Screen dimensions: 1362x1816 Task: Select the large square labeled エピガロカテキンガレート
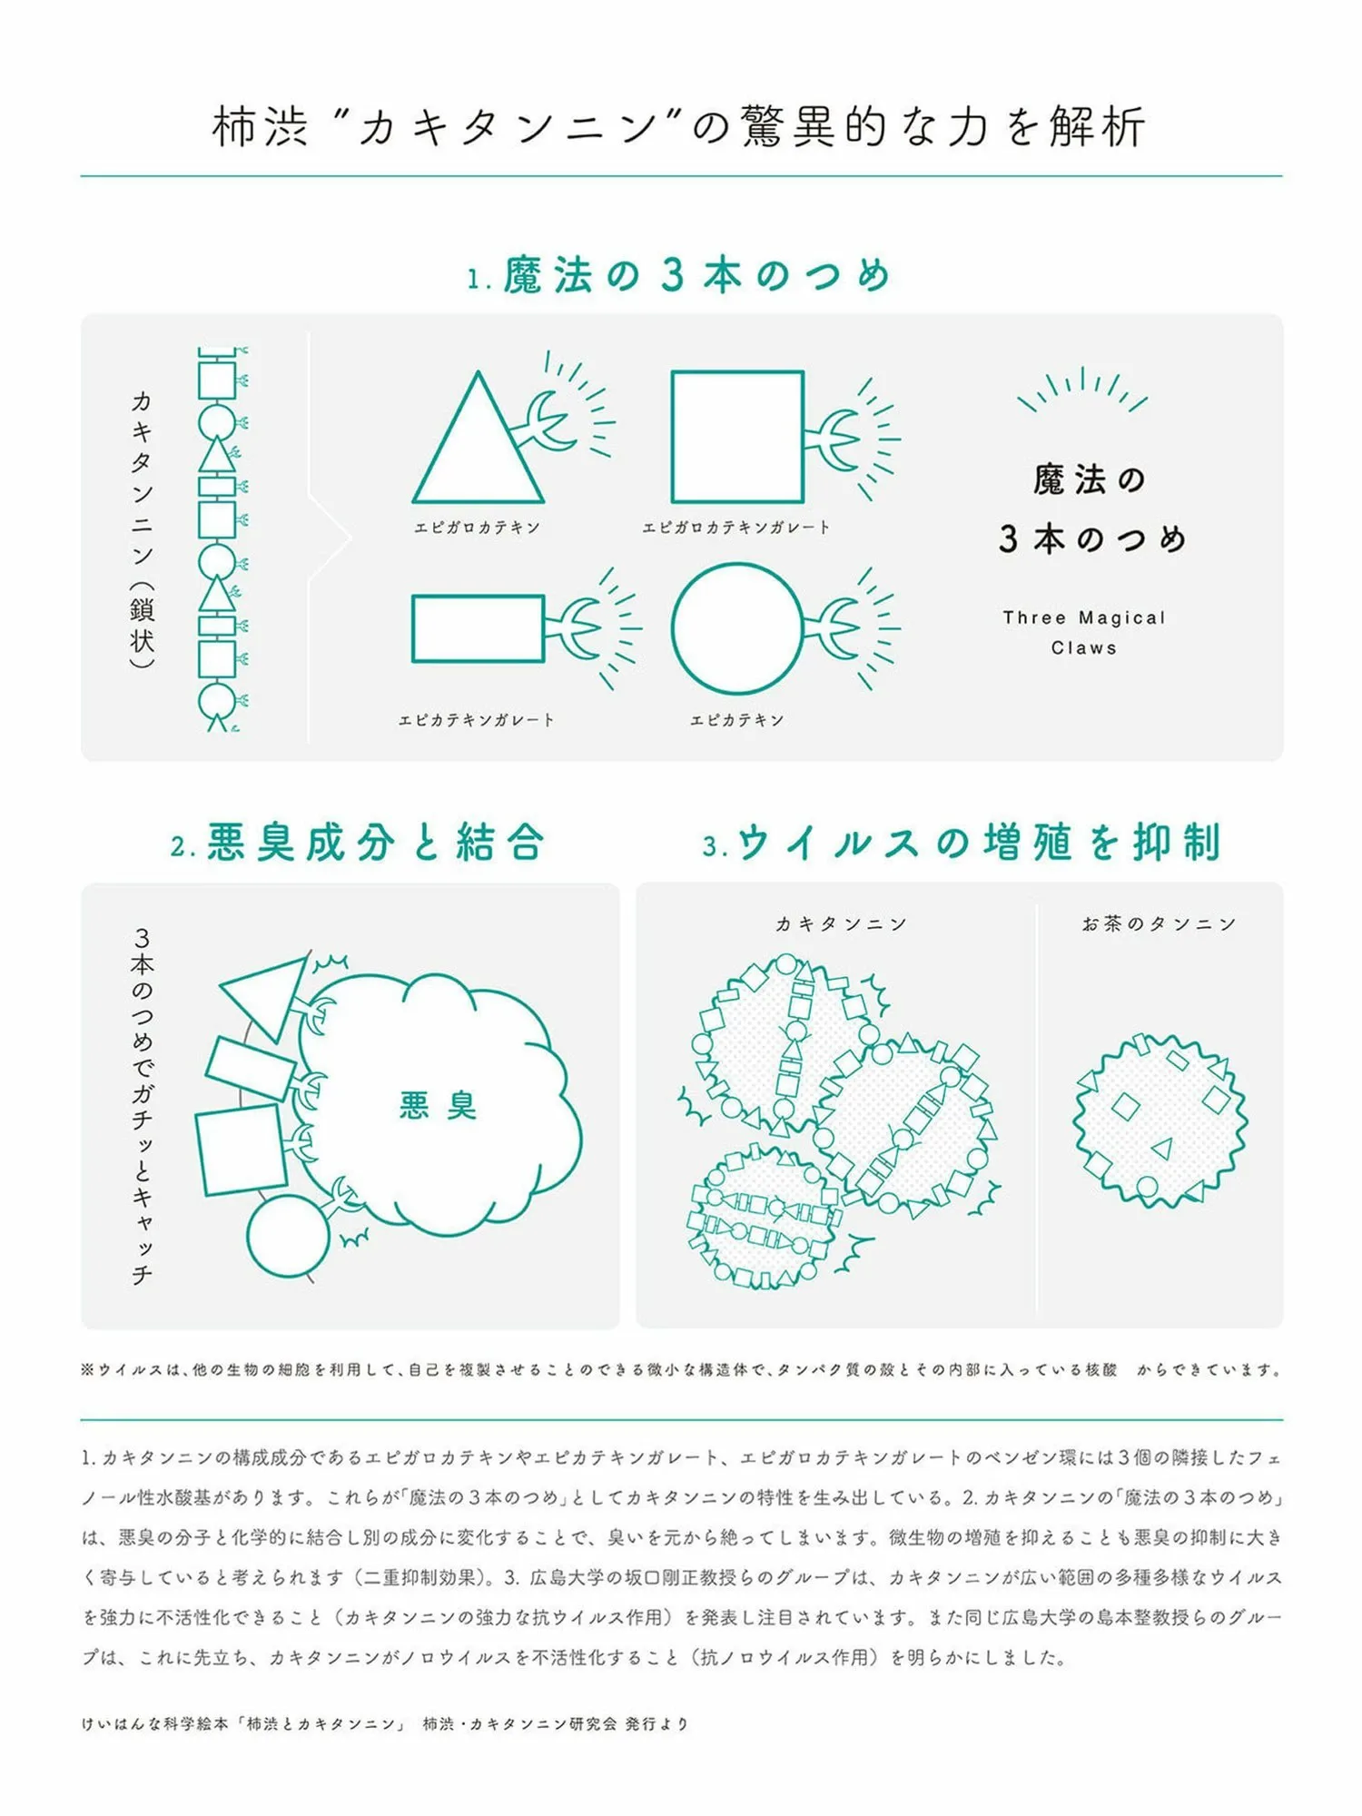(674, 436)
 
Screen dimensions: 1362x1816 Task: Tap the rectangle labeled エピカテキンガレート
(414, 628)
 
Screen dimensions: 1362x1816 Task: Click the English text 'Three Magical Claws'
(1084, 632)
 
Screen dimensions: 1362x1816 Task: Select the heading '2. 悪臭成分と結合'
(357, 843)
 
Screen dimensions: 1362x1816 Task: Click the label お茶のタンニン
(1159, 923)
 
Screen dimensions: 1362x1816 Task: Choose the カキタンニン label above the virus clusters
(841, 923)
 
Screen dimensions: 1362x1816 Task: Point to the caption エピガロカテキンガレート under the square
(736, 528)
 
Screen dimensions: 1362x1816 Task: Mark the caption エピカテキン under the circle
(736, 720)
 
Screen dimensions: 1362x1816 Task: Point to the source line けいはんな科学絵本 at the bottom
(385, 1723)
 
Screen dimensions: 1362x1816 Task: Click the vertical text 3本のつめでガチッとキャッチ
(142, 1105)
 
